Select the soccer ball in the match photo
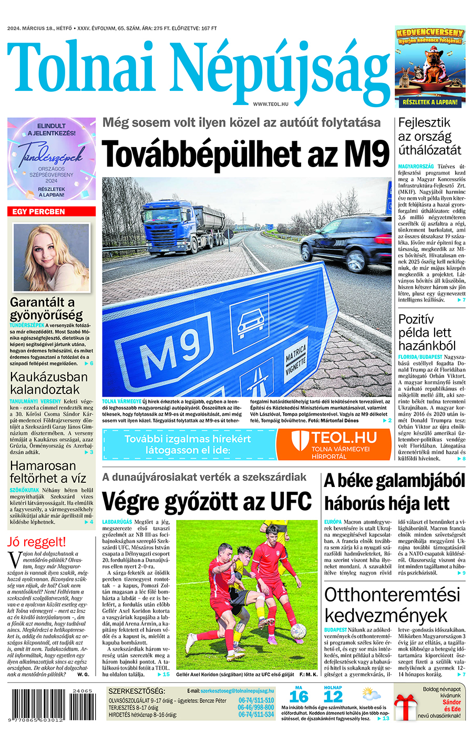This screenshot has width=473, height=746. point(298,631)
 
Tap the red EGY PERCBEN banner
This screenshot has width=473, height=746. point(52,212)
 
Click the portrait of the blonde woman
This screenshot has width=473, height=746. point(51,257)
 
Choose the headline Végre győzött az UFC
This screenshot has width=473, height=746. point(207,501)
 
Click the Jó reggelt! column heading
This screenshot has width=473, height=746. point(37,542)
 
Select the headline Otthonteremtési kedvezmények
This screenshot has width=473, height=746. point(392,605)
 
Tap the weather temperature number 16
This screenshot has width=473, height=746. point(299,697)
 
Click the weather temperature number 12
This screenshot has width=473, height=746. point(333,697)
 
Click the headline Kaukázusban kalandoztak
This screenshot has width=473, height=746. point(49,384)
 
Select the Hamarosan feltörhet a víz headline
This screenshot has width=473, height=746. point(48,472)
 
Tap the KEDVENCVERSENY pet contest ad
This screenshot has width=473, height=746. point(430,67)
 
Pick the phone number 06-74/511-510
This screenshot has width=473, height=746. point(256,700)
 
